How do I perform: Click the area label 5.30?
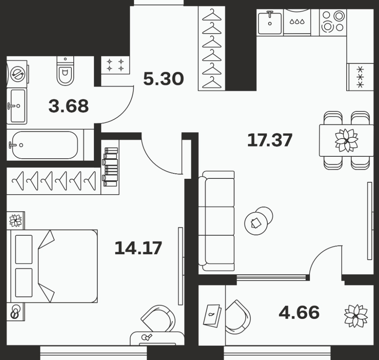point(163,79)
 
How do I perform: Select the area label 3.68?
point(69,106)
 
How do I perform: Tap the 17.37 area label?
point(270,140)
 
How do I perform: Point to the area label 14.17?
point(138,248)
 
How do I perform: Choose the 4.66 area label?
point(299,312)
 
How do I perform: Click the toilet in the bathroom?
point(65,71)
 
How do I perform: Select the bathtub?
point(45,145)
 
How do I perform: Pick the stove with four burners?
point(333,22)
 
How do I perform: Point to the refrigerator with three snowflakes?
point(360,77)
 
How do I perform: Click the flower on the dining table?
point(346,140)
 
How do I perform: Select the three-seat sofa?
point(217,221)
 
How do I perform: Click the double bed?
point(52,266)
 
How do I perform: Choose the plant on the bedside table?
point(15,220)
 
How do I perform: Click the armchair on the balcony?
point(237,317)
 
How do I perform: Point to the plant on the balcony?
point(356,316)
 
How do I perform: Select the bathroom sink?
point(17,106)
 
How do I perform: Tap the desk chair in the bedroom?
point(158,318)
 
